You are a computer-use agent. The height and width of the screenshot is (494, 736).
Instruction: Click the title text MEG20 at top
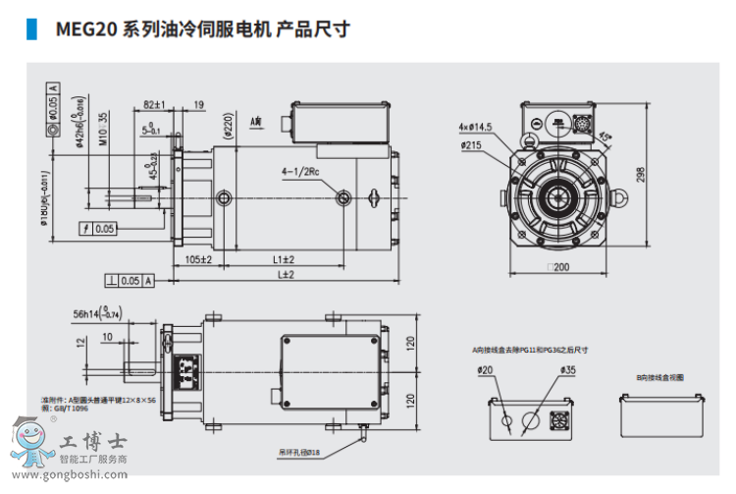[86, 29]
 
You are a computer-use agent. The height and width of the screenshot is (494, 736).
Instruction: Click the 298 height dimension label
[640, 174]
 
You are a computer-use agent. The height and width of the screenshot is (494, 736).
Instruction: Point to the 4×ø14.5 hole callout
[475, 127]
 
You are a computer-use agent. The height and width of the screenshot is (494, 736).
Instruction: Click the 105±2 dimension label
[199, 259]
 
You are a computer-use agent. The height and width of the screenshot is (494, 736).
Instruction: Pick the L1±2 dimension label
[284, 259]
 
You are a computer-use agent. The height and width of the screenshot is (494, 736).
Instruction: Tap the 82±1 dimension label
[154, 103]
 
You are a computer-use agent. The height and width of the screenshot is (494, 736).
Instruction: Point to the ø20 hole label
[496, 369]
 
